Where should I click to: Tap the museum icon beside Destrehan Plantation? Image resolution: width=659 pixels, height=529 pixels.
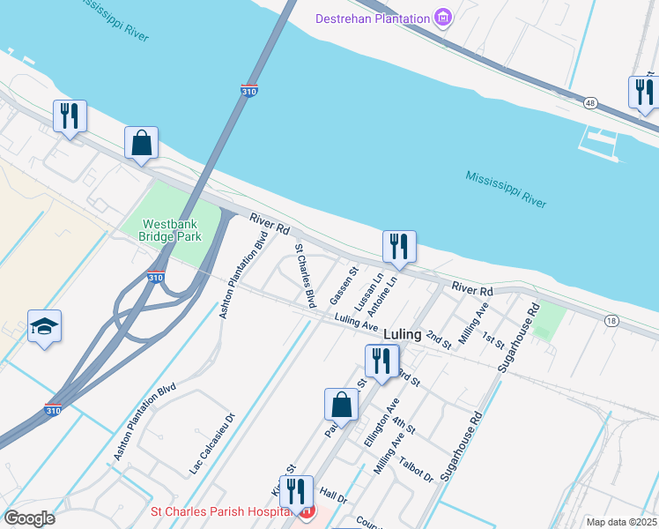(x=444, y=18)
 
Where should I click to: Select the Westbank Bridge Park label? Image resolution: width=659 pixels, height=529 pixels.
(x=172, y=230)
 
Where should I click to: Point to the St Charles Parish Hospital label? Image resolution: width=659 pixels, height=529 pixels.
(x=221, y=511)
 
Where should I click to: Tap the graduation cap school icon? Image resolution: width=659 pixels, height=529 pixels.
(x=42, y=326)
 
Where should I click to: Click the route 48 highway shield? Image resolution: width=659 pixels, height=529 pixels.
(x=589, y=102)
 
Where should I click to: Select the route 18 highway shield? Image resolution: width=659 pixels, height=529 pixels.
(x=611, y=321)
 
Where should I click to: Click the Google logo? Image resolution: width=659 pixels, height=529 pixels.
(x=28, y=518)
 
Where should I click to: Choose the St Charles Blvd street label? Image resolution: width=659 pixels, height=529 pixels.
(x=305, y=275)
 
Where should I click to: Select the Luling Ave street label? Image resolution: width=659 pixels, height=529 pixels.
(x=356, y=323)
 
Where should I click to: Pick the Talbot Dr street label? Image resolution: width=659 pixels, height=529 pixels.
(x=417, y=469)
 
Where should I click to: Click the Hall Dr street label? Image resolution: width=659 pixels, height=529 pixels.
(x=334, y=497)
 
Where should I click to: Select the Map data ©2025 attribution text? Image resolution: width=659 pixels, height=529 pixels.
(x=622, y=522)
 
